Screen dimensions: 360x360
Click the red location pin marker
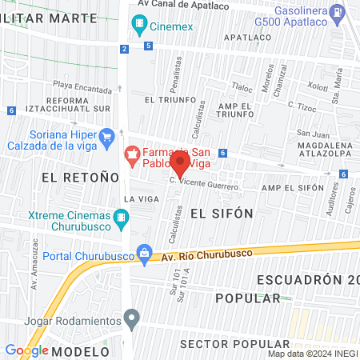point(181,164)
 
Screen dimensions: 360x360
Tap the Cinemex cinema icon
point(141,25)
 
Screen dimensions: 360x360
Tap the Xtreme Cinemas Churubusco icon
point(121,217)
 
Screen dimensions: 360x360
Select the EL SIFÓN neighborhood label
point(222,213)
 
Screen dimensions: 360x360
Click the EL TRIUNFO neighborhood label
point(170,99)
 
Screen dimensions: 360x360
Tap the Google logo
point(26,350)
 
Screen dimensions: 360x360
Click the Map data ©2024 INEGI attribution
point(312,354)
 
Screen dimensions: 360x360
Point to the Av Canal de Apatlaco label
point(183,4)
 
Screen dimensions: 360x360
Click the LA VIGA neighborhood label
point(137,198)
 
